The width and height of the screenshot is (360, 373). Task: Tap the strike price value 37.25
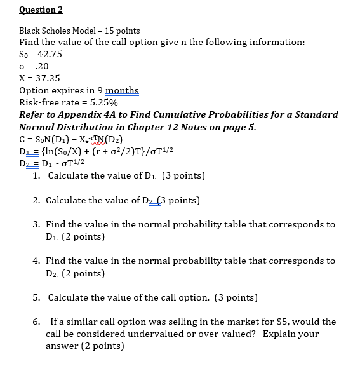pyautogui.click(x=48, y=78)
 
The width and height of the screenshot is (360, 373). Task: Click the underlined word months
pyautogui.click(x=122, y=90)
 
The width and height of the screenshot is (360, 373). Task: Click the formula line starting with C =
pyautogui.click(x=71, y=139)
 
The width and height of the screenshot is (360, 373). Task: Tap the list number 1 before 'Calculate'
pyautogui.click(x=36, y=175)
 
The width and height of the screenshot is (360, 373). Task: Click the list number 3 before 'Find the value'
pyautogui.click(x=36, y=225)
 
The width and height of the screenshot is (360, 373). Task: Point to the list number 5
pyautogui.click(x=36, y=297)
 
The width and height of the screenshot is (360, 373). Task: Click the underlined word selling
pyautogui.click(x=184, y=322)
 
